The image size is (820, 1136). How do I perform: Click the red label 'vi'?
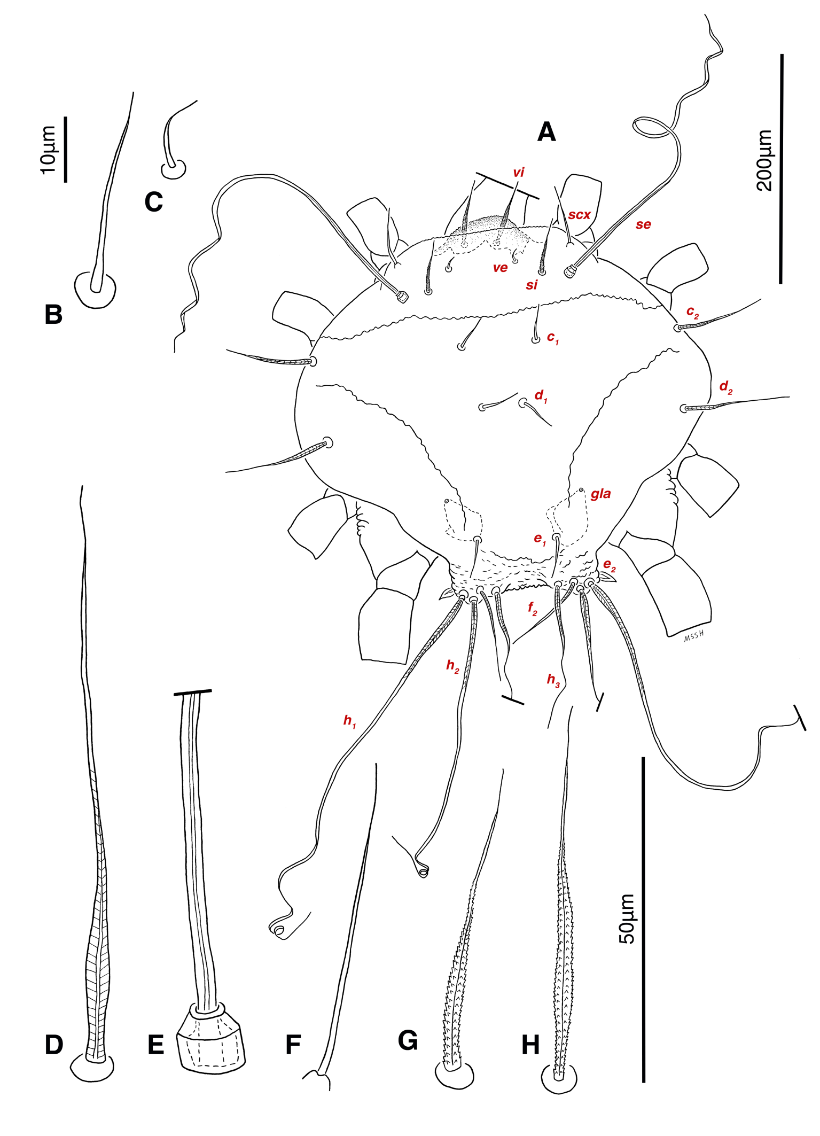coord(519,172)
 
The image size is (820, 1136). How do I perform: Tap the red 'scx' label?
coord(579,215)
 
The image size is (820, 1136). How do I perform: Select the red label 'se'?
coord(643,224)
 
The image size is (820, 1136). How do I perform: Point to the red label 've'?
coord(500,268)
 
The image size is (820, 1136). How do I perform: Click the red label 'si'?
coord(532,285)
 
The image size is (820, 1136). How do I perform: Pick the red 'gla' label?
coord(600,494)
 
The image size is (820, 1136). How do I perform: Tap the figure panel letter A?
coord(546,131)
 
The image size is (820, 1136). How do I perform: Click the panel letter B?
coord(53,314)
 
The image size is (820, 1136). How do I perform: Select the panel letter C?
coord(154,202)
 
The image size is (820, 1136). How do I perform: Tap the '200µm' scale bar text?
coord(764,160)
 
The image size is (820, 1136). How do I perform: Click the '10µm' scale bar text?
coord(48,150)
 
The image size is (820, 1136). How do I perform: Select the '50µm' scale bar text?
coord(627,919)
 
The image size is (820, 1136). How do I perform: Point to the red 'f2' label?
coord(533,609)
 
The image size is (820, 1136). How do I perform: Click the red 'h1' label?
coord(349,721)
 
